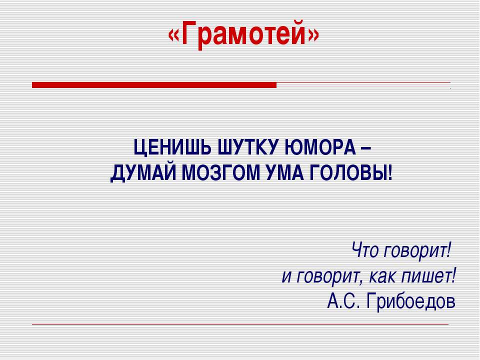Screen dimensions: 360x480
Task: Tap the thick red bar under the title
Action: pyautogui.click(x=154, y=85)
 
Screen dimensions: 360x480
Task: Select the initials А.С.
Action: pyautogui.click(x=343, y=301)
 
